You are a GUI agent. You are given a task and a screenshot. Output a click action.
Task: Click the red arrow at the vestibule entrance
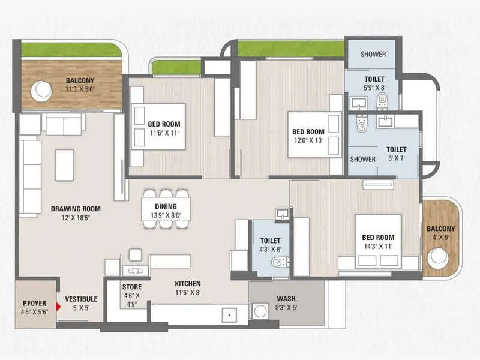(58, 307)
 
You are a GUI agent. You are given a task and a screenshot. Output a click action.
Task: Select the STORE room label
(132, 287)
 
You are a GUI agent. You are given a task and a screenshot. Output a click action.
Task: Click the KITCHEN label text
(187, 284)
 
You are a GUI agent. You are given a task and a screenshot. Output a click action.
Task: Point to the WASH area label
(286, 299)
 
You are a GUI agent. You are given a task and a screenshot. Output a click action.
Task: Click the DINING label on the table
(166, 206)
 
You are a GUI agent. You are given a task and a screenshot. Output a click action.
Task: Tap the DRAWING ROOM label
(76, 209)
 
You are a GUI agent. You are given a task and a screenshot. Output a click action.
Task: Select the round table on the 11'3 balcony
(42, 91)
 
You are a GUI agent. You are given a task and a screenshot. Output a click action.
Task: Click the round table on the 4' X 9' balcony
(437, 257)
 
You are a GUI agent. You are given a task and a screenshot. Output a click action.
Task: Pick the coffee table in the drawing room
(64, 165)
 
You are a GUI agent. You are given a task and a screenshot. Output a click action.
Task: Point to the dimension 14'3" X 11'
(377, 247)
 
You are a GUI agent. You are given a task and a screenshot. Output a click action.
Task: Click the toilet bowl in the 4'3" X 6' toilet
(278, 262)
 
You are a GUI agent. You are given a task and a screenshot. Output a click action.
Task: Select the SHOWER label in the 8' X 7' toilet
(362, 160)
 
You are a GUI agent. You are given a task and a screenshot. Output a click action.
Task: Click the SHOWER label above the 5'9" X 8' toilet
(373, 55)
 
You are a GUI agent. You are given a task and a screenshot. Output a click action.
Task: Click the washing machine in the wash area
(260, 311)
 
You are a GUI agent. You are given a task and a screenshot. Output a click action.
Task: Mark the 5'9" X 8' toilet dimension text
(374, 88)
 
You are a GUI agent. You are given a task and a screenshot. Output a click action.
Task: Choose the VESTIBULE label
(81, 299)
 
